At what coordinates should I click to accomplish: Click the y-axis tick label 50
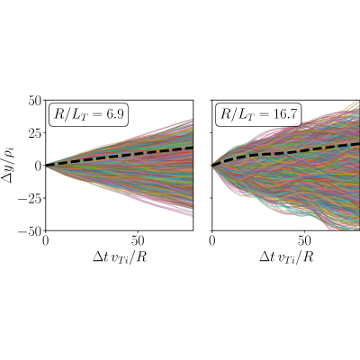click(x=35, y=100)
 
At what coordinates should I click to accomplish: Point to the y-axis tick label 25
click(x=35, y=132)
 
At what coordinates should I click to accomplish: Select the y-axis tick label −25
click(x=30, y=198)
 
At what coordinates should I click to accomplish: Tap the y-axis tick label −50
click(x=30, y=231)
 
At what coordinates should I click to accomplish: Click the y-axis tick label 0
click(x=39, y=166)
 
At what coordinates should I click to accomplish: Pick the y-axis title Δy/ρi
click(x=8, y=166)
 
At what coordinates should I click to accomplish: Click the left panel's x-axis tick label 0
click(x=45, y=241)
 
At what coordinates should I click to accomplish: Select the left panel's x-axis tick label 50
click(x=138, y=241)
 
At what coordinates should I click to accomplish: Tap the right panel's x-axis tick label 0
click(x=212, y=241)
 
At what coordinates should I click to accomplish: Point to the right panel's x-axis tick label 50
click(x=304, y=241)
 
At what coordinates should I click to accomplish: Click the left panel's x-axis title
click(x=120, y=257)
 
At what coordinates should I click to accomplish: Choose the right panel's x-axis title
click(x=286, y=257)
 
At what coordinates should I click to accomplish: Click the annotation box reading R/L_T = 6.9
click(x=88, y=114)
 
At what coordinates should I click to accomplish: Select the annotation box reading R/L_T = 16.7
click(x=258, y=114)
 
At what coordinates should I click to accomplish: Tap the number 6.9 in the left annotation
click(x=115, y=114)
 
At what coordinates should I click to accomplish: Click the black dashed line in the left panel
click(x=119, y=156)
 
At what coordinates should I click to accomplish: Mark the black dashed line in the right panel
click(x=286, y=152)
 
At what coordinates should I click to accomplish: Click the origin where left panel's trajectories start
click(x=46, y=166)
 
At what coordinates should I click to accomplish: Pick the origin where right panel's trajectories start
click(x=212, y=166)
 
